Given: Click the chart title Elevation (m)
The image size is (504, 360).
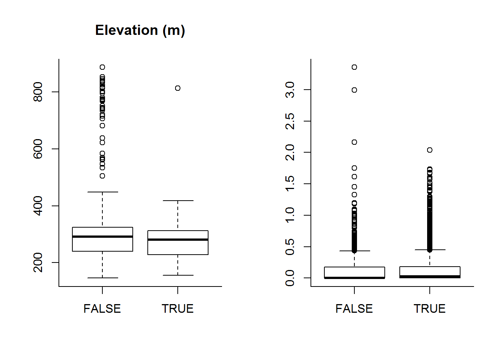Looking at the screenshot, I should point(140,30).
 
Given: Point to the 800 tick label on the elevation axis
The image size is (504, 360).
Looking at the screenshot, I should point(38,92).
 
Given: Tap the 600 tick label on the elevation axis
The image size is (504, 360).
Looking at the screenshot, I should point(38,149).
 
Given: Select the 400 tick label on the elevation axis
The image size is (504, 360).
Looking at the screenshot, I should point(38,205).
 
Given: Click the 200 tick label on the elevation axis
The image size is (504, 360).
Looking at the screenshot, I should point(38,262).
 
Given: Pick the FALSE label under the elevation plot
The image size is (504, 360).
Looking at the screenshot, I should point(102,309).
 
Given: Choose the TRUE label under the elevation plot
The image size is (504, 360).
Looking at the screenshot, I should point(178,309).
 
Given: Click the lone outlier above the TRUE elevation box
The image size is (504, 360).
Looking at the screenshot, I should point(178,88).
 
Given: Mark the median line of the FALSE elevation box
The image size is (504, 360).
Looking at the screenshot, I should point(102,237).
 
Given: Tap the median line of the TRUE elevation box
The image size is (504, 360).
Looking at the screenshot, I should point(178,239).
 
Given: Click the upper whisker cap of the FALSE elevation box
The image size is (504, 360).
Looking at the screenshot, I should point(102,192).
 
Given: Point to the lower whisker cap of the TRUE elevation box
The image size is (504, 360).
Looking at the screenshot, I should point(178,275).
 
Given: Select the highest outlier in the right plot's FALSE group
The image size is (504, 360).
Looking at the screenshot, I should point(354,67).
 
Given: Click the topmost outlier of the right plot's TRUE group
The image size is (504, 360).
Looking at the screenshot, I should point(430,150).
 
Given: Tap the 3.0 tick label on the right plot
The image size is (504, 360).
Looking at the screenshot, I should point(290,90).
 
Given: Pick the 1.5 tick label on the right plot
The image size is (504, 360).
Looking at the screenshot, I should point(290,184).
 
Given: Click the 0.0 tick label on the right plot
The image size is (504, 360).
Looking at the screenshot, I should point(290,278).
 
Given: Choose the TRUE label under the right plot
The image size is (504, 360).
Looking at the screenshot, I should point(430,309).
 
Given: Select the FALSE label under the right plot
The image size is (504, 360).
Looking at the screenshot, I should point(354,309).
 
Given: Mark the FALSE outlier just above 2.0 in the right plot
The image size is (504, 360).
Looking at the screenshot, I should point(354,142).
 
